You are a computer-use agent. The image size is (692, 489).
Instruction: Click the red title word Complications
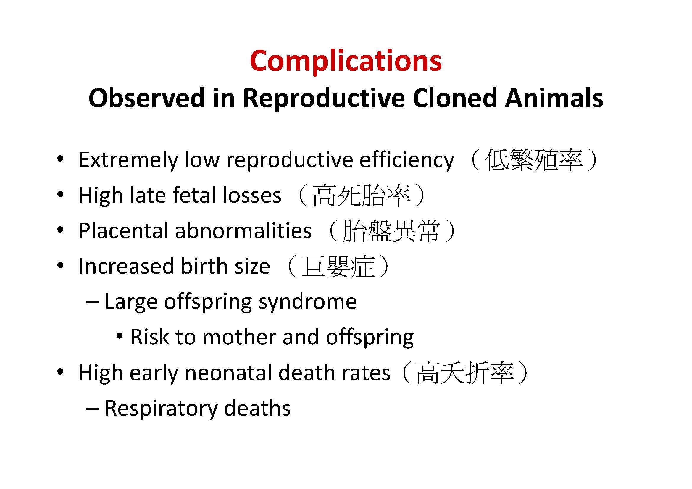point(346,62)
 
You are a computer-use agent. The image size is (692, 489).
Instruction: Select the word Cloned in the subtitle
point(454,98)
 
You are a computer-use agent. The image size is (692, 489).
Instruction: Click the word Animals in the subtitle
point(554,98)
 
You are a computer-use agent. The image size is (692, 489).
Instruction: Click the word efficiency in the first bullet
point(407,160)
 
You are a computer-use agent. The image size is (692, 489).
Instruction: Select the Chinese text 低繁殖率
point(534,160)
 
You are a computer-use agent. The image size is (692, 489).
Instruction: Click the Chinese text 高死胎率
point(361,196)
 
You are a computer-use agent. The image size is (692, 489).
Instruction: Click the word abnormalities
point(243,231)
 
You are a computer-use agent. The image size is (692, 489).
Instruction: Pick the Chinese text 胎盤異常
point(391,231)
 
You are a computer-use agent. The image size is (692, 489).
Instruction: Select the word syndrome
point(308,302)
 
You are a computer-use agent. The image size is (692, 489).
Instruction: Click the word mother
point(239,337)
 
